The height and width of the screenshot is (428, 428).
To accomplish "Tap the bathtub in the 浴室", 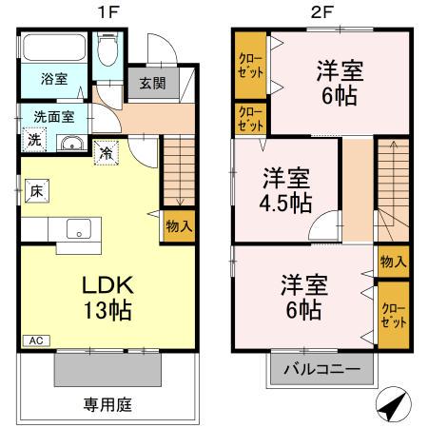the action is [54, 48].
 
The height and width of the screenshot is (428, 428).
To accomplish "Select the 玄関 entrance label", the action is [153, 84].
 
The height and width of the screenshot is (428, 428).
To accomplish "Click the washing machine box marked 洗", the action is [35, 140].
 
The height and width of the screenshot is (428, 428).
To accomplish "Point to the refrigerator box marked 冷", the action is [107, 153].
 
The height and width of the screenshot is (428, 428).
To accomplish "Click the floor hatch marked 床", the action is [37, 191].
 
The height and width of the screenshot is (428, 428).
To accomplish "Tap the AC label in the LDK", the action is [36, 340].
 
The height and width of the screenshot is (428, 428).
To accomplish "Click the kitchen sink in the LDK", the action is [79, 228].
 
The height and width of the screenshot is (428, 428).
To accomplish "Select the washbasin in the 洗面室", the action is [72, 143].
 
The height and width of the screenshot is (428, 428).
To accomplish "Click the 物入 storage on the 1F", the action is [179, 226].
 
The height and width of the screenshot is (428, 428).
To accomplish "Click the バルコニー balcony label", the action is [322, 369].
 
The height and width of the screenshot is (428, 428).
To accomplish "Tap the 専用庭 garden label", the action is [107, 405].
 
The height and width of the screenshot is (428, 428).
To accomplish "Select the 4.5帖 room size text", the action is [285, 203].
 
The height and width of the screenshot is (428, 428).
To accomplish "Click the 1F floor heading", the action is [108, 12].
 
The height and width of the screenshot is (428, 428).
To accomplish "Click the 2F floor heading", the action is [321, 12].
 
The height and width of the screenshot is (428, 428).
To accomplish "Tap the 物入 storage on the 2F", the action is [393, 262].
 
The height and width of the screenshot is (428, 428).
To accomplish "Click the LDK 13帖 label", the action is [107, 298].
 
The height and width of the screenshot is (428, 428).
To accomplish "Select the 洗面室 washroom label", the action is [54, 117].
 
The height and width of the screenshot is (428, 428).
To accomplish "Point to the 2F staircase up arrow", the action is [393, 175].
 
